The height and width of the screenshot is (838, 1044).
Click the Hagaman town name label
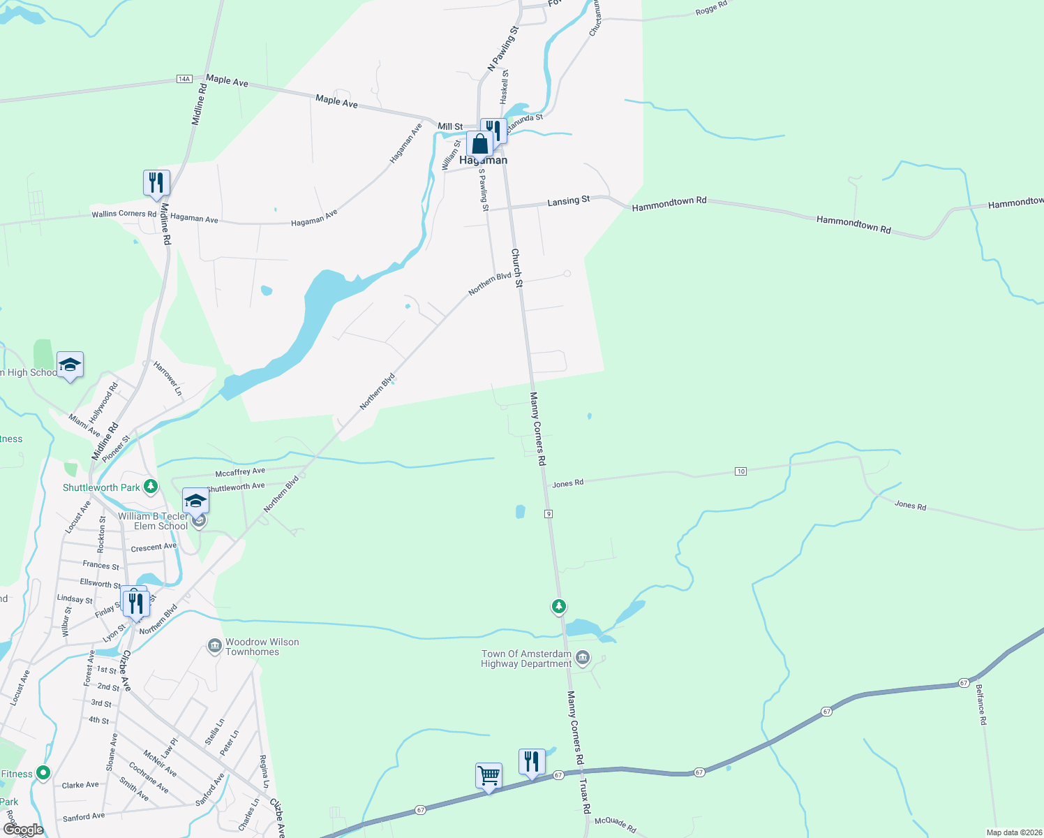click(483, 160)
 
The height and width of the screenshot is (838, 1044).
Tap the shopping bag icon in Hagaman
click(480, 145)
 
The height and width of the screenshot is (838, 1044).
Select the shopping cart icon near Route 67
click(489, 775)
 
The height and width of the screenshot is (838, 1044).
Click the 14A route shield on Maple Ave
click(184, 79)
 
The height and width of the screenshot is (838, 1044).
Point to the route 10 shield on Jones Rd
click(740, 471)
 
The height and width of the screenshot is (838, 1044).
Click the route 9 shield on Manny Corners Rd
click(549, 514)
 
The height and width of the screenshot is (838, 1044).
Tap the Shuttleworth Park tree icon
click(150, 487)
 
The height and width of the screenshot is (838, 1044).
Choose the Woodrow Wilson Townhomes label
click(262, 647)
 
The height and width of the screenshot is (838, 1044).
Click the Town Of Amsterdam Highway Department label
click(526, 659)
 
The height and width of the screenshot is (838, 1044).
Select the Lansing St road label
click(568, 200)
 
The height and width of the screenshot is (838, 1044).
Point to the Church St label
click(516, 268)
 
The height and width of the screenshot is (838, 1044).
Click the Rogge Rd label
click(711, 8)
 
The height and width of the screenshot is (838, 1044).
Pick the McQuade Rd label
click(615, 824)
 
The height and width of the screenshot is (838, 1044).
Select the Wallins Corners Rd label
click(124, 214)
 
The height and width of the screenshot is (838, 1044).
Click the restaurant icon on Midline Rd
click(156, 183)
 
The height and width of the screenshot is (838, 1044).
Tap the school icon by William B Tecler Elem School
click(195, 501)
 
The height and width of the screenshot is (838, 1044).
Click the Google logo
click(23, 830)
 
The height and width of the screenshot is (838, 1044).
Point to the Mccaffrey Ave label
click(240, 472)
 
